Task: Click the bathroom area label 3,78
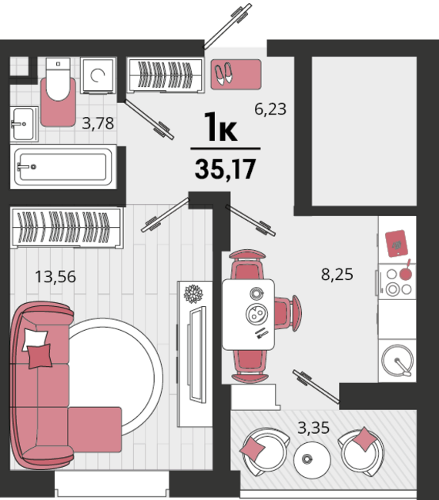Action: point(98,123)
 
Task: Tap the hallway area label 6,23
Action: point(270,109)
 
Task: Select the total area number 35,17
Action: point(226,169)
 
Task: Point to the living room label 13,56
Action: point(55,276)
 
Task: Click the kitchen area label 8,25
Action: point(337,275)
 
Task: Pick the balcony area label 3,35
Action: point(313,428)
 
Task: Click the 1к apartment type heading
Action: point(220,127)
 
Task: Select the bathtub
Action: point(63,166)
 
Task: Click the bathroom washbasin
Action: point(23,124)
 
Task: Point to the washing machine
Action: point(98,75)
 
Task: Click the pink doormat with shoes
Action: point(236,75)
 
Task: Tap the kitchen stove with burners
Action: point(397,282)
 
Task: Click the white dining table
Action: point(249,315)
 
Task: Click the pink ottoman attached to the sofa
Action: point(95,429)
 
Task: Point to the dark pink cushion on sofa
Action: point(40,356)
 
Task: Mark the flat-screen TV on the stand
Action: point(198,354)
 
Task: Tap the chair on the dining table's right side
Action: point(288,312)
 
